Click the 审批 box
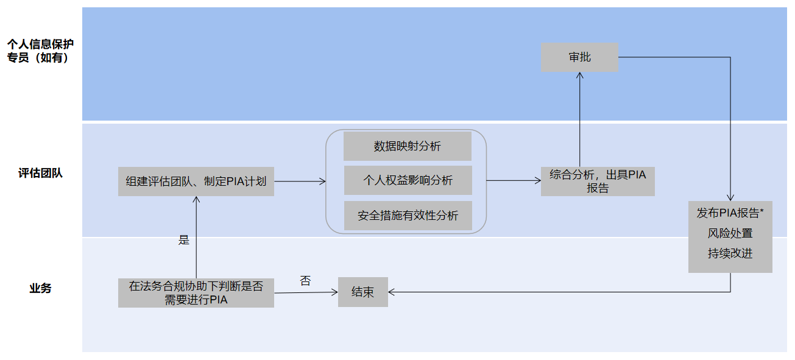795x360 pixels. pyautogui.click(x=579, y=57)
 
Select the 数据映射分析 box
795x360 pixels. pyautogui.click(x=408, y=146)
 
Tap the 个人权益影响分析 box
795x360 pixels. pyautogui.click(x=408, y=180)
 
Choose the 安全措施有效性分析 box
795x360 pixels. pyautogui.click(x=408, y=216)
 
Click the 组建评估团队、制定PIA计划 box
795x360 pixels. pyautogui.click(x=196, y=181)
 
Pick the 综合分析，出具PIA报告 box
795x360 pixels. pyautogui.click(x=597, y=181)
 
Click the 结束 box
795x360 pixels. pyautogui.click(x=362, y=292)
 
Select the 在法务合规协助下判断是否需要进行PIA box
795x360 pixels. pyautogui.click(x=196, y=292)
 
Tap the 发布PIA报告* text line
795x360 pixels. pyautogui.click(x=730, y=213)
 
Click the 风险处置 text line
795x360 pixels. pyautogui.click(x=730, y=233)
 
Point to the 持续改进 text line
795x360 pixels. pyautogui.click(x=730, y=253)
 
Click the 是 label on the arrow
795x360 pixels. pyautogui.click(x=184, y=240)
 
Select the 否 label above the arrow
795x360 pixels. pyautogui.click(x=305, y=281)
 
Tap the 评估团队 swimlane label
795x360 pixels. pyautogui.click(x=40, y=173)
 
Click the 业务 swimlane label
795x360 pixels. pyautogui.click(x=40, y=288)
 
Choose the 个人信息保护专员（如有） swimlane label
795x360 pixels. pyautogui.click(x=40, y=51)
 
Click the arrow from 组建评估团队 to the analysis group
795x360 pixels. pyautogui.click(x=300, y=181)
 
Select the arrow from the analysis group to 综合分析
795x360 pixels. pyautogui.click(x=514, y=180)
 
